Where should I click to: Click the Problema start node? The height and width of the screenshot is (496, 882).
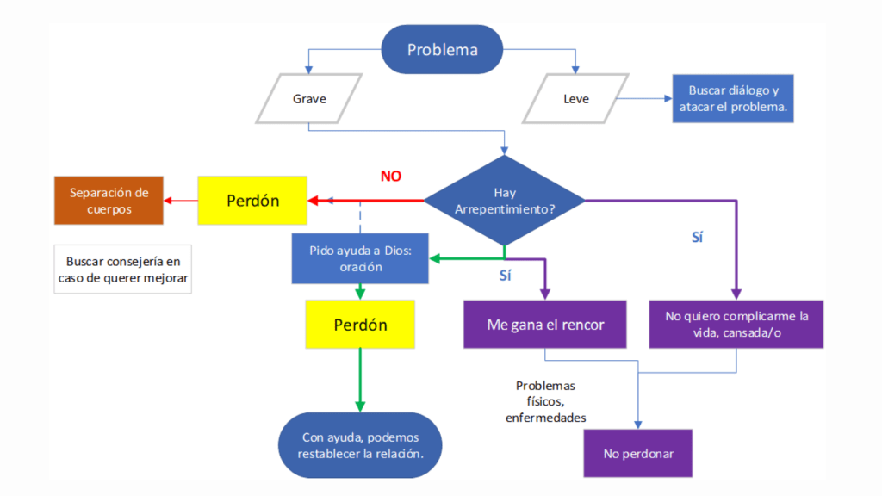point(442,49)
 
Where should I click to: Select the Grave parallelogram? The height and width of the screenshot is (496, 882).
point(309,99)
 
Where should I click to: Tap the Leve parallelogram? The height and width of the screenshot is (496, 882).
point(576,99)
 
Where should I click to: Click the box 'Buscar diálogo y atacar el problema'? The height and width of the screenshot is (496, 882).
point(733,99)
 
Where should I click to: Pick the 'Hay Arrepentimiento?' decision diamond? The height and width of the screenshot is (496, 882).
point(505,201)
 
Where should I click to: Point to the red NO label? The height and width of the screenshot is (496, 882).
point(391,177)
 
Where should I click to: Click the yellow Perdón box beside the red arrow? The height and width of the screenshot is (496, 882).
point(252,201)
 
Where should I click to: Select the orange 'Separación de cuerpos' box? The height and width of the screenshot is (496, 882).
point(109,201)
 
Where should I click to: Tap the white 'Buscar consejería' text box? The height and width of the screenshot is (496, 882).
point(123,270)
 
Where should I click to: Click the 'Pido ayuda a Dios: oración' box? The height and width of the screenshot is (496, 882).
point(360,258)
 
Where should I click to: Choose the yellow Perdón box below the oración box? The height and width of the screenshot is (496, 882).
point(360,325)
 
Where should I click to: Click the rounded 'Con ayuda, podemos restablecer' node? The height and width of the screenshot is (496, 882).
point(360,445)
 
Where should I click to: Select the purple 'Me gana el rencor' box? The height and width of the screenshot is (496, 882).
point(545,325)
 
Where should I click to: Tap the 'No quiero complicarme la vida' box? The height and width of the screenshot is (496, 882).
point(736,324)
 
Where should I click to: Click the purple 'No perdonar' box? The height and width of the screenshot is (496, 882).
point(638,452)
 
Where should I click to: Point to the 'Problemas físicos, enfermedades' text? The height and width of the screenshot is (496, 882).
point(545,401)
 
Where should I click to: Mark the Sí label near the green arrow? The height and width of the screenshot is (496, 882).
point(506,276)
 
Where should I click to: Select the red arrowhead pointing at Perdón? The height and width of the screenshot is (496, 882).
point(314,201)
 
